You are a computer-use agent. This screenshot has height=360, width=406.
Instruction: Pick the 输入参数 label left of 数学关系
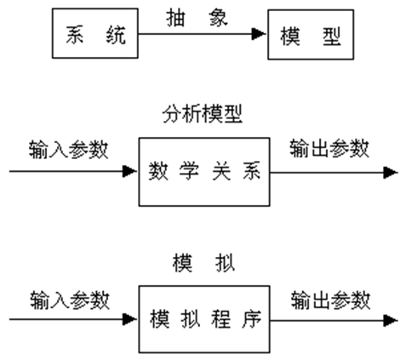pos(69,149)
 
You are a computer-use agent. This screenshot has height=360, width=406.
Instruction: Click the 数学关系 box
pos(204,173)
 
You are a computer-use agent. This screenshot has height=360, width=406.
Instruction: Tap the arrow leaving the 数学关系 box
pos(333,172)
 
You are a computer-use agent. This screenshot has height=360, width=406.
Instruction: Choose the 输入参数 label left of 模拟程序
pos(69,299)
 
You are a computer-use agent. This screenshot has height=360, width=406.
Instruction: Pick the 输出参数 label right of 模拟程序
pos(329,299)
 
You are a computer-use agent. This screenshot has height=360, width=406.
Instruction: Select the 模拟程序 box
pos(204,320)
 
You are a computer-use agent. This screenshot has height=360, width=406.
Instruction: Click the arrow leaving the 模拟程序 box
pos(333,320)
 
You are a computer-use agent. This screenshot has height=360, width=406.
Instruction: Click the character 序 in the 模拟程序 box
pos(249,320)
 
